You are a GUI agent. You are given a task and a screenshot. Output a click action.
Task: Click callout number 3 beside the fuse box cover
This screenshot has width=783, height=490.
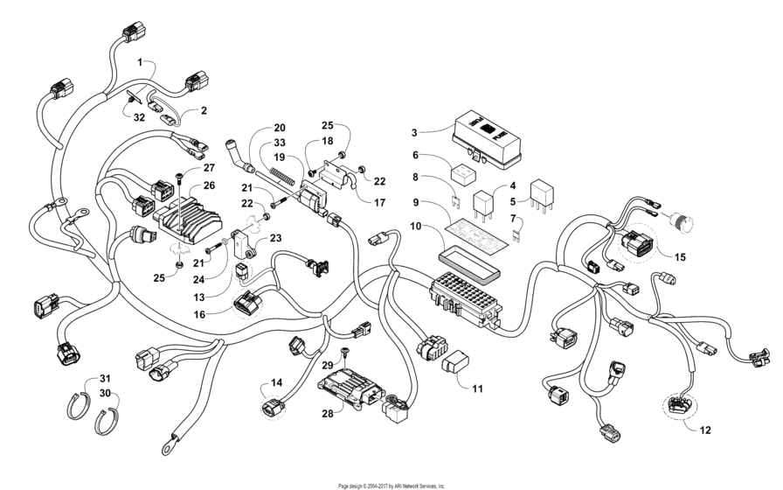[x=415, y=132]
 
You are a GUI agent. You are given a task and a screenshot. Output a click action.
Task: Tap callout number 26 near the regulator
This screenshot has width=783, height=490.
[x=209, y=185]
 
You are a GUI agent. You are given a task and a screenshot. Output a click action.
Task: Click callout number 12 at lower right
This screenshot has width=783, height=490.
[x=704, y=430]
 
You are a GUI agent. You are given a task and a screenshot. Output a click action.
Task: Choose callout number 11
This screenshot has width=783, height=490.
[x=477, y=388]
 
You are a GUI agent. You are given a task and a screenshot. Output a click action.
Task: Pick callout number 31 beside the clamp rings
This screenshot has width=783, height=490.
[x=106, y=377]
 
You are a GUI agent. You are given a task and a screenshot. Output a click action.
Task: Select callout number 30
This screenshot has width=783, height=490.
[x=106, y=394]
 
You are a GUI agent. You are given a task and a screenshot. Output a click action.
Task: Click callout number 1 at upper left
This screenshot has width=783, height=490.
[x=139, y=63]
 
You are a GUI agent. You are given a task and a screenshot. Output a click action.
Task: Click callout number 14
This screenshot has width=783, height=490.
[x=276, y=382]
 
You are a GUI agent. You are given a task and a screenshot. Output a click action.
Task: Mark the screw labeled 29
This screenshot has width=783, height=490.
[x=347, y=353]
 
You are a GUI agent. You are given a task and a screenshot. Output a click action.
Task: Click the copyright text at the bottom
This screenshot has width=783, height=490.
[x=391, y=485]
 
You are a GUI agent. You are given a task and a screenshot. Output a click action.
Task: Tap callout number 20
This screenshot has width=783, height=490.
[x=280, y=127]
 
